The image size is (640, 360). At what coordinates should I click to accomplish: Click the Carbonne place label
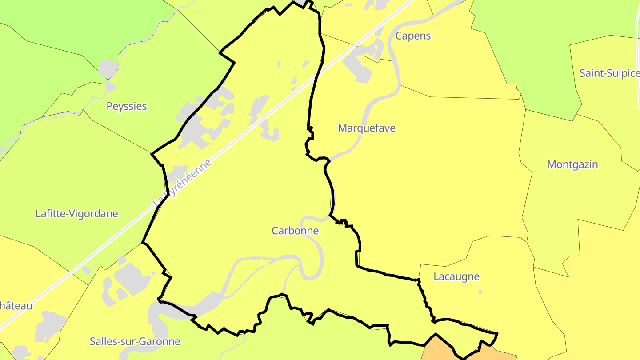(x=295, y=231)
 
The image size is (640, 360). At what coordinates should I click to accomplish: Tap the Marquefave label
(x=367, y=128)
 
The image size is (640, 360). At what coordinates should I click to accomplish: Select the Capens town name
(x=413, y=36)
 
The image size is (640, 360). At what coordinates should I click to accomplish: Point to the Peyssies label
(x=127, y=106)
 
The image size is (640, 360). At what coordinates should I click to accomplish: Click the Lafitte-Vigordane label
(x=77, y=214)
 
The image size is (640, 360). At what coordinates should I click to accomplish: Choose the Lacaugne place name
(x=456, y=276)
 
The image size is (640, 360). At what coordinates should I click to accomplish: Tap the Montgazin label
(x=572, y=164)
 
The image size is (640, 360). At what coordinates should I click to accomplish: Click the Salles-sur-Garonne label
(x=135, y=341)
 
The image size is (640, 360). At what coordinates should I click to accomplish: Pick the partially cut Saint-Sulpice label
(x=609, y=73)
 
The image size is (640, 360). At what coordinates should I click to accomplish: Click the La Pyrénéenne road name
(x=183, y=182)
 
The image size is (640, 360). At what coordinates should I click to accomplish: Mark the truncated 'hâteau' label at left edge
(x=16, y=306)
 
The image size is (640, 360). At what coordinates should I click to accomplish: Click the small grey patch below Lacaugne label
(x=480, y=292)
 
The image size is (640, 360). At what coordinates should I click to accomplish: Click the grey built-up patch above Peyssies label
(x=108, y=68)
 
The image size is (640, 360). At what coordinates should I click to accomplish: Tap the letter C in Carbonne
(x=275, y=231)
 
